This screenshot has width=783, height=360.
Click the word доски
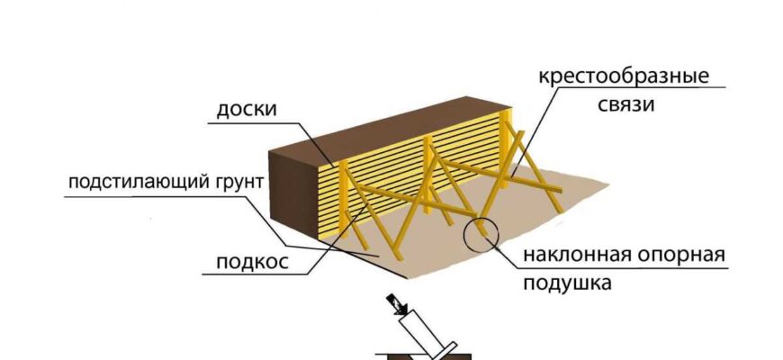click(x=246, y=111)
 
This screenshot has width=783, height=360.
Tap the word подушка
click(x=566, y=283)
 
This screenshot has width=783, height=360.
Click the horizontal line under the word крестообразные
click(x=630, y=87)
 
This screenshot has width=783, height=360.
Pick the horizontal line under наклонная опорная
click(x=630, y=268)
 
